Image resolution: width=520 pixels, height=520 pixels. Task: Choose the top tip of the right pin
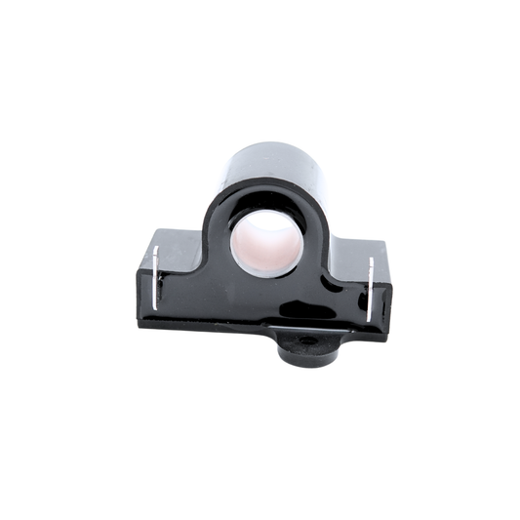click(371, 260)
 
